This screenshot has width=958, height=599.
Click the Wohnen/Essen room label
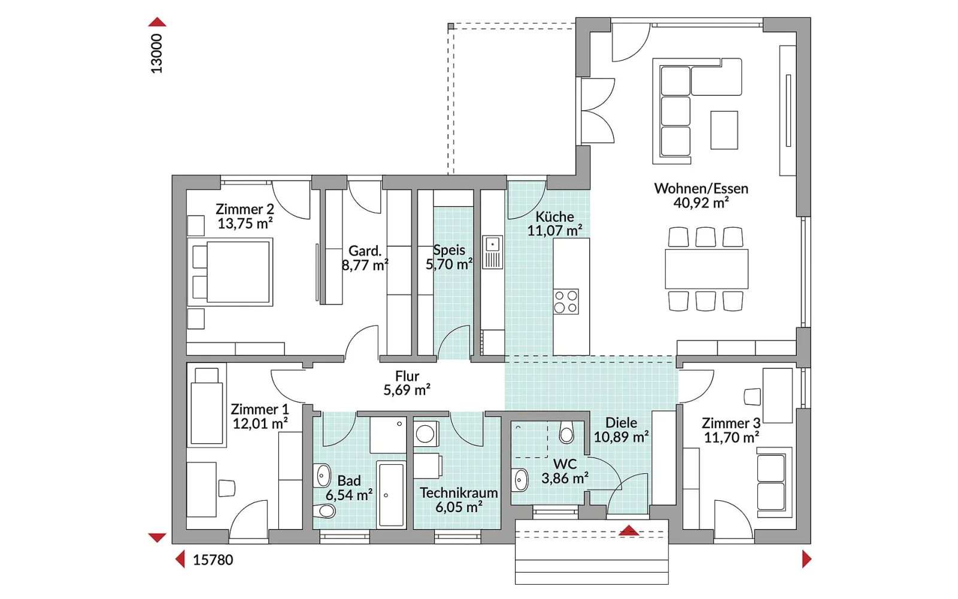[x=701, y=189]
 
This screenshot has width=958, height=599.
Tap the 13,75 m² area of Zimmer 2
[x=245, y=223]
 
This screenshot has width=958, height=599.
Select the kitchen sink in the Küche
[x=492, y=252]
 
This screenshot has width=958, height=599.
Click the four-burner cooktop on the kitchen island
[x=566, y=302]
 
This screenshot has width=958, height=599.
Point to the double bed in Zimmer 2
[x=231, y=272]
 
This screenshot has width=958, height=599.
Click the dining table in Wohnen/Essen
[x=707, y=269]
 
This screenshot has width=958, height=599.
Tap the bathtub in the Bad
[x=392, y=494]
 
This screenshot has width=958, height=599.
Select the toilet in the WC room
[x=566, y=432]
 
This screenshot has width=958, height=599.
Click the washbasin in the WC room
[x=520, y=480]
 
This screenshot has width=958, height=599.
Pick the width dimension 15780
[x=213, y=560]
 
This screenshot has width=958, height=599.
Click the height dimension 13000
[x=157, y=53]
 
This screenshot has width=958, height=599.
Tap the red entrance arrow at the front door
[x=629, y=531]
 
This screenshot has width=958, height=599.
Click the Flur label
[x=407, y=376]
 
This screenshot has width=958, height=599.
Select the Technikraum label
[x=459, y=493]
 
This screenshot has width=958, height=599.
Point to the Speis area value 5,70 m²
[x=449, y=264]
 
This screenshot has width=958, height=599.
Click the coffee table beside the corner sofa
[x=724, y=130]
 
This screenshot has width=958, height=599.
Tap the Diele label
[x=621, y=423]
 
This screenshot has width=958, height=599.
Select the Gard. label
[x=365, y=251]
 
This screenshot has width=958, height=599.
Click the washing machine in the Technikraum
[x=426, y=434]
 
